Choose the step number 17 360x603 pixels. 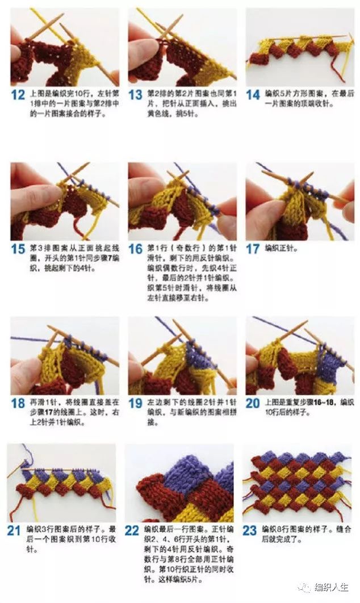(253, 249)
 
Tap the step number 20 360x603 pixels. (253, 404)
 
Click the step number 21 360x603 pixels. (14, 531)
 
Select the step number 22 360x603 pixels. (132, 531)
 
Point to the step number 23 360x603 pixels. (250, 531)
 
